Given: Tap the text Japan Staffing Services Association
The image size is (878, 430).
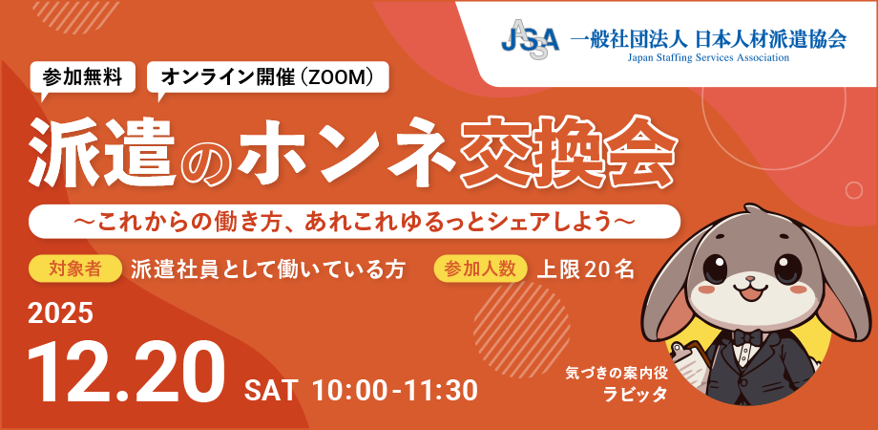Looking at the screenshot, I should (x=708, y=58).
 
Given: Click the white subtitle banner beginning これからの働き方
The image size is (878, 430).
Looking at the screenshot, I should (x=354, y=221).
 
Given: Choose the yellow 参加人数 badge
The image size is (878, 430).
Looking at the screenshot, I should (x=481, y=269).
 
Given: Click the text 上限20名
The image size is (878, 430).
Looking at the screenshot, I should (x=585, y=269).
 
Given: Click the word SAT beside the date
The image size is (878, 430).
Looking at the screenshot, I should (x=271, y=390).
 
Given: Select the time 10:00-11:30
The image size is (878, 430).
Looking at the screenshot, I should (x=394, y=390).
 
